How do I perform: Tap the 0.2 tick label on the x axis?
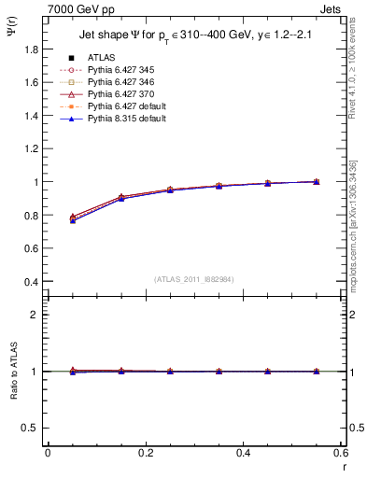click(x=146, y=453)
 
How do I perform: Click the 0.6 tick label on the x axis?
click(x=340, y=453)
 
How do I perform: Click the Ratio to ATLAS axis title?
click(x=12, y=372)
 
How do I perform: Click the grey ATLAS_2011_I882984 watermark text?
click(x=193, y=279)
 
